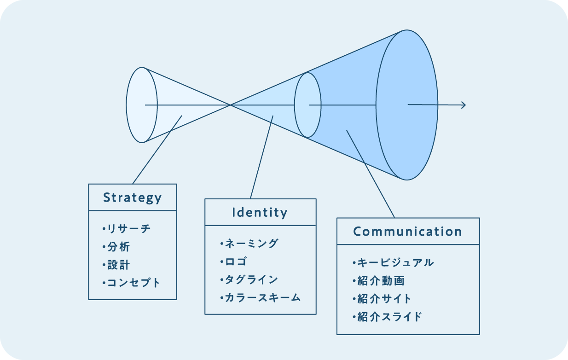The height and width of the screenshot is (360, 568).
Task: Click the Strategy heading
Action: point(133,197)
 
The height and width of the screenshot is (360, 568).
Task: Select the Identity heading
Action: point(260,212)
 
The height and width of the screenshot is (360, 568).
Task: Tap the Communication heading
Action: point(408,231)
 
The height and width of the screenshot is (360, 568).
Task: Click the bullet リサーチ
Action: point(127,228)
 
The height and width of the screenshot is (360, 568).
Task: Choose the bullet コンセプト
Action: point(132,283)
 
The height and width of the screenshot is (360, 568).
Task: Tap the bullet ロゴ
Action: point(234,261)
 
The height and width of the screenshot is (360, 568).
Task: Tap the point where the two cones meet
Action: point(230,105)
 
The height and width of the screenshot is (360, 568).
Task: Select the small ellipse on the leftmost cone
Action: point(141,105)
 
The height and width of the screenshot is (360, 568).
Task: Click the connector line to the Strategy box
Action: point(156,150)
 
